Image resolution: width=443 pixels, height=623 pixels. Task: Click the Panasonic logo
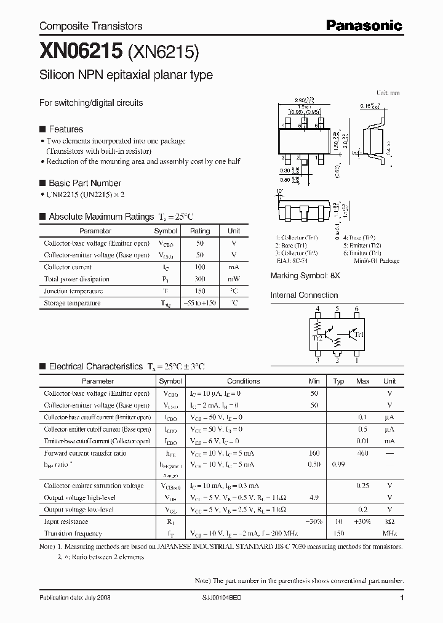click(364, 25)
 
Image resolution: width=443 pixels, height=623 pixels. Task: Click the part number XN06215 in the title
click(81, 52)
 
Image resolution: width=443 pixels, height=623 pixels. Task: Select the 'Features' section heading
click(65, 129)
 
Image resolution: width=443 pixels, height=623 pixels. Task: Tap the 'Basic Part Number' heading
click(84, 183)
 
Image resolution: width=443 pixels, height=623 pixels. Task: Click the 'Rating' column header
click(200, 231)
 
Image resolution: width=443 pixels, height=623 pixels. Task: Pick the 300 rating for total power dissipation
click(200, 279)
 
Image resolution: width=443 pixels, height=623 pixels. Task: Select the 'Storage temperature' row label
click(72, 303)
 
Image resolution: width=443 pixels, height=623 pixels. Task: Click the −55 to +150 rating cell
click(200, 303)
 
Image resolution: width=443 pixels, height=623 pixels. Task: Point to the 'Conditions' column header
click(244, 381)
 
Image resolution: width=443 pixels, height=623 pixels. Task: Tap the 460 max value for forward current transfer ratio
click(362, 453)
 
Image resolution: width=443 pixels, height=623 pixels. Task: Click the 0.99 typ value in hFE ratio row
click(338, 464)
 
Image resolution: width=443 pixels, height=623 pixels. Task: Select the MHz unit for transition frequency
click(389, 533)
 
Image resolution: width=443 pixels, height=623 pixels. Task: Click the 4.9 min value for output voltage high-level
click(314, 497)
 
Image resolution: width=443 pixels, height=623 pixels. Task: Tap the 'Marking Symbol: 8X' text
click(305, 276)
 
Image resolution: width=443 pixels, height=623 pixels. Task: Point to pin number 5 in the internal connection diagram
click(337, 308)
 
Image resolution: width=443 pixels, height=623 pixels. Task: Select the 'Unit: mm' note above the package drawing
click(388, 92)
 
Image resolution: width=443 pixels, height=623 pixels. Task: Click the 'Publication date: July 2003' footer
click(75, 598)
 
